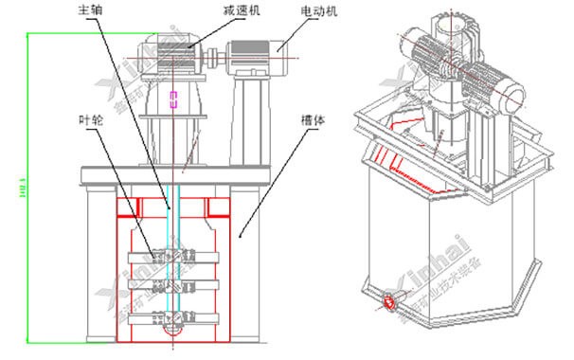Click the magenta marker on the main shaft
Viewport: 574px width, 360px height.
point(171,99)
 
